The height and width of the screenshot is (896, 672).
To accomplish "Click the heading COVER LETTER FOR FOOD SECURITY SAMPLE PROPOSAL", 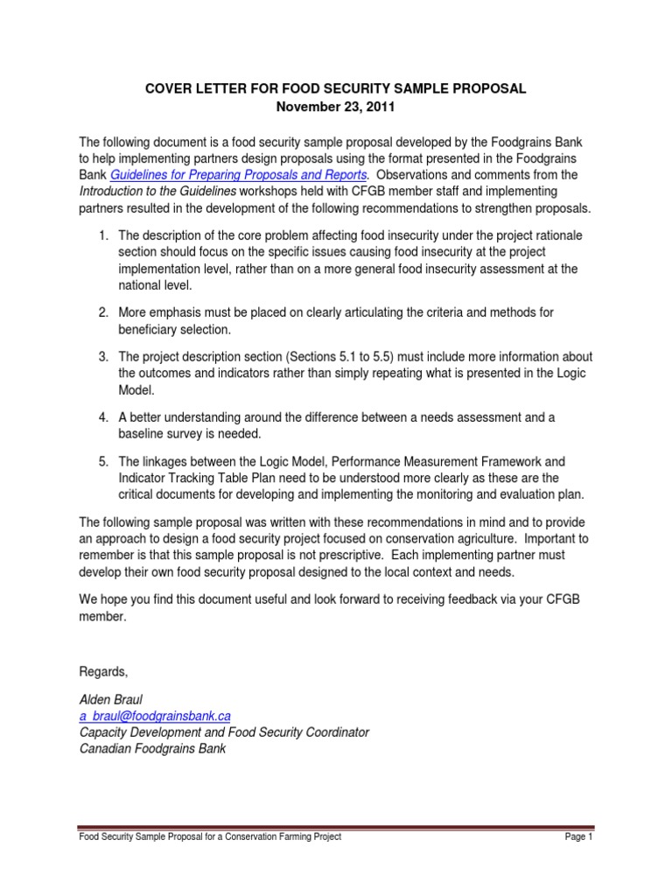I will coord(336,89).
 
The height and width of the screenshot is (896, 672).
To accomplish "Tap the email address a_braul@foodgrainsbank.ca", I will coord(155,715).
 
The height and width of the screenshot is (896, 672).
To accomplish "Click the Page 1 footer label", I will coord(578,837).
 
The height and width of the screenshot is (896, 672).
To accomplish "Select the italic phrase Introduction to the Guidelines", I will coord(158,192).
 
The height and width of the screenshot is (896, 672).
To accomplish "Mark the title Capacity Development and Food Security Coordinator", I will coord(224,731).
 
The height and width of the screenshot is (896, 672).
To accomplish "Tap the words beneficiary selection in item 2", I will coord(175,329).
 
